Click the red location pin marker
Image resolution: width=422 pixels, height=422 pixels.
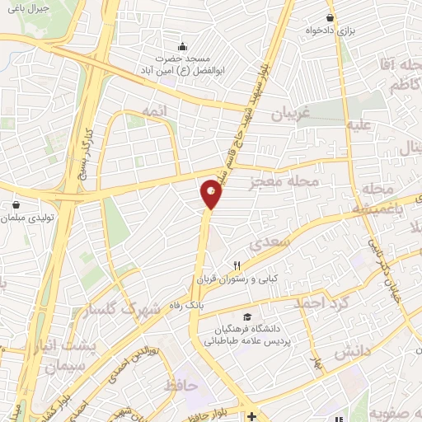212,194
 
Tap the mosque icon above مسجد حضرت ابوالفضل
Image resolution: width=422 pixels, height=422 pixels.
183,46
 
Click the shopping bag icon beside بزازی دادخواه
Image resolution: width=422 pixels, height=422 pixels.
331,17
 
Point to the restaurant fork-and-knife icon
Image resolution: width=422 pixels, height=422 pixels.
237,265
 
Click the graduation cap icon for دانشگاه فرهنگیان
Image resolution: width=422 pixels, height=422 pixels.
246,316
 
